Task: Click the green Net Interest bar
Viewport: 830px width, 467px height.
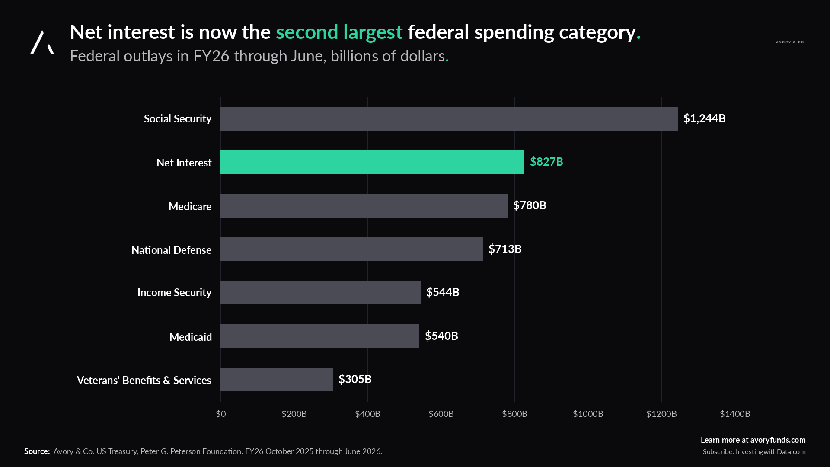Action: pyautogui.click(x=372, y=162)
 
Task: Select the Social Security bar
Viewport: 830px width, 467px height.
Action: pyautogui.click(x=449, y=118)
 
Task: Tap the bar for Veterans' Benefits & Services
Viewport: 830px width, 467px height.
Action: pyautogui.click(x=277, y=379)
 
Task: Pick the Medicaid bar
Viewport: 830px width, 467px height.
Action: pyautogui.click(x=320, y=336)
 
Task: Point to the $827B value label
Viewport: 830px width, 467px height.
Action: pyautogui.click(x=546, y=162)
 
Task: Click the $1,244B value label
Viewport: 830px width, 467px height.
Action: pyautogui.click(x=704, y=118)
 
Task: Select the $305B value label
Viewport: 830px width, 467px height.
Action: pyautogui.click(x=355, y=379)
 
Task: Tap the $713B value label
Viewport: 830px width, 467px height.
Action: pyautogui.click(x=505, y=249)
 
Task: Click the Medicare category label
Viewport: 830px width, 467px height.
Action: pyautogui.click(x=190, y=206)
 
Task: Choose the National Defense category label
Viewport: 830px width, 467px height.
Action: pyautogui.click(x=172, y=250)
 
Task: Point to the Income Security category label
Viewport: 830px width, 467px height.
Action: pyautogui.click(x=175, y=293)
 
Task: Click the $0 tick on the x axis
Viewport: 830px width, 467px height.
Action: pyautogui.click(x=221, y=414)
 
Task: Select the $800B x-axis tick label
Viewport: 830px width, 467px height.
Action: pyautogui.click(x=514, y=414)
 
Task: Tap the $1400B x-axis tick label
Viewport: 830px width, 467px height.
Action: pyautogui.click(x=735, y=414)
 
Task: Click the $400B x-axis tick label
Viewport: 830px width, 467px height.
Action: pyautogui.click(x=367, y=414)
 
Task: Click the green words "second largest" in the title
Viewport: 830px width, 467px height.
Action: pyautogui.click(x=339, y=32)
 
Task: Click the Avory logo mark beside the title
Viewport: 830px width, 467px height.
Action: pyautogui.click(x=42, y=42)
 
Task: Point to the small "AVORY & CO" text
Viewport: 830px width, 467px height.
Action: pyautogui.click(x=790, y=42)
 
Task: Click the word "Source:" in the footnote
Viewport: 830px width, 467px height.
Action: pyautogui.click(x=37, y=451)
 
